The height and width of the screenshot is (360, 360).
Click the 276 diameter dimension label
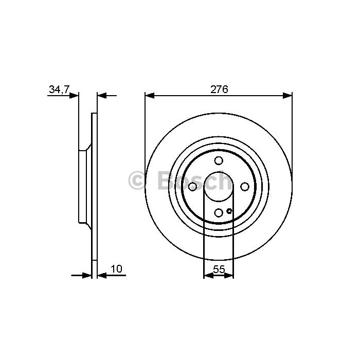pos(219,89)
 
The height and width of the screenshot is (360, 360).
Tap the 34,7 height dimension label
pos(59,89)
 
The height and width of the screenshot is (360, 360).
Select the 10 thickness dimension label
pos(116,269)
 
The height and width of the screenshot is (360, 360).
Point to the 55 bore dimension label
pos(219,269)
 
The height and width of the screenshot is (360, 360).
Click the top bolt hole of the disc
pos(219,160)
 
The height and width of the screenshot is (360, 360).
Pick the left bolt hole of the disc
pos(192,187)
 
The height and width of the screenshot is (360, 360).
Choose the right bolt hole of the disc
pos(245,187)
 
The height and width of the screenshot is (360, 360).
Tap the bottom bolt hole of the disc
pos(219,212)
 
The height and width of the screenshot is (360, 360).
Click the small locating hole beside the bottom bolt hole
pos(229,211)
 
